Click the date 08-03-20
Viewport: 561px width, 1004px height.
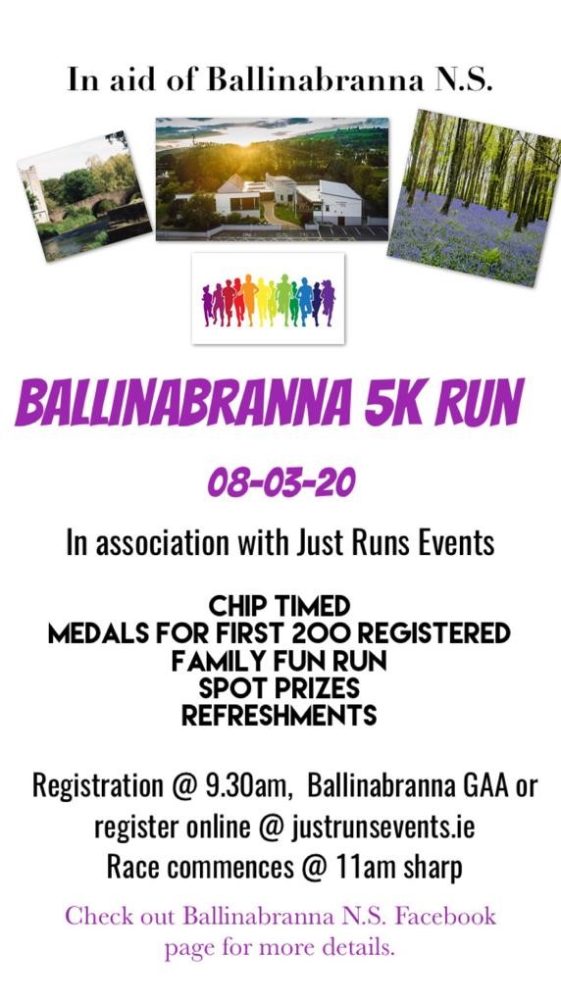(x=281, y=484)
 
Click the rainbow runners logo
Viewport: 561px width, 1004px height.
(x=269, y=298)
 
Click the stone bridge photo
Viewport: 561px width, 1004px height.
(x=84, y=196)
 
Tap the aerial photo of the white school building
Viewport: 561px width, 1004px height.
(x=273, y=178)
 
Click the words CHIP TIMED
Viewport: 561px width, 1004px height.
(x=280, y=606)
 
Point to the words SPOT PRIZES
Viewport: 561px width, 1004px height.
(x=280, y=688)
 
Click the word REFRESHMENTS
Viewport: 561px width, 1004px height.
(x=280, y=716)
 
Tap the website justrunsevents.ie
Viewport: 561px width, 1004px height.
(x=382, y=828)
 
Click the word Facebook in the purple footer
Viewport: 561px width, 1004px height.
(x=445, y=915)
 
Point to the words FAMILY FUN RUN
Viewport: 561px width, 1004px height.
(x=280, y=662)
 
